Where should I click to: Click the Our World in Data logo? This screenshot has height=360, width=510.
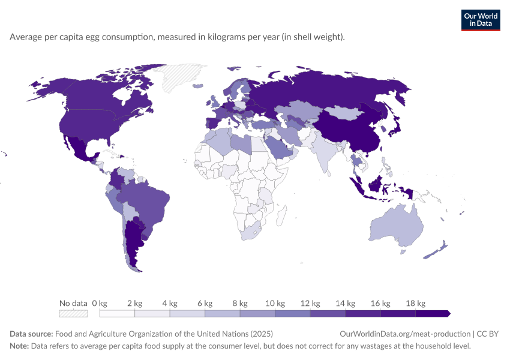point(481,20)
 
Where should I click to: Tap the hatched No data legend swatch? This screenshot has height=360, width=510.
point(73,313)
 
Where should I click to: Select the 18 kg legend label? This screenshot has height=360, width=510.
point(415,304)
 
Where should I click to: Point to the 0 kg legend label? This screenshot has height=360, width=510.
point(100,304)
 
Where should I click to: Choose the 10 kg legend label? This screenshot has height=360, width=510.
point(275,304)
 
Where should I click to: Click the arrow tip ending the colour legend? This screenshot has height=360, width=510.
point(450,313)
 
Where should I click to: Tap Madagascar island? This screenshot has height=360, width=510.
point(281,215)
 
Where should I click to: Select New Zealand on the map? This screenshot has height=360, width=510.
point(436,250)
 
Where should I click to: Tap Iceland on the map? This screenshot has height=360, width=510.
point(198,86)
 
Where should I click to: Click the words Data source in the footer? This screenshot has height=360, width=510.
point(31,334)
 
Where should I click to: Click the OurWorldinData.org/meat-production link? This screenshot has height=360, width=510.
point(405,334)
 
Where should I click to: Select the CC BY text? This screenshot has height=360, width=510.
point(488,334)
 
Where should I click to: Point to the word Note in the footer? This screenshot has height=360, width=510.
point(19,346)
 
